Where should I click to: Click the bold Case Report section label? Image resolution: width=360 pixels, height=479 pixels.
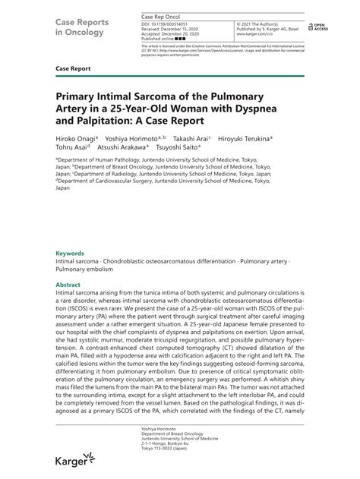pos(73,68)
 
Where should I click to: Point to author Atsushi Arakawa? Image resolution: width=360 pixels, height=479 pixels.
pos(131,148)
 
